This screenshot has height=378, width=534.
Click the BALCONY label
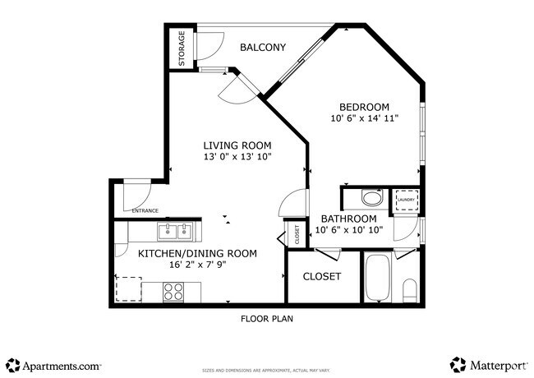pyautogui.click(x=263, y=48)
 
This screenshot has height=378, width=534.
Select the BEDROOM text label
pyautogui.click(x=365, y=107)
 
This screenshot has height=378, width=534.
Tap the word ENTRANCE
pyautogui.click(x=145, y=211)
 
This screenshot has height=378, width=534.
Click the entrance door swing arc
pyautogui.click(x=132, y=196)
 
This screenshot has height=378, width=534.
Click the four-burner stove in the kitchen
pyautogui.click(x=173, y=292)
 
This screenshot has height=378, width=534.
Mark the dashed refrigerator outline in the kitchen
pyautogui.click(x=128, y=289)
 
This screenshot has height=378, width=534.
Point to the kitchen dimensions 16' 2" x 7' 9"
pyautogui.click(x=197, y=265)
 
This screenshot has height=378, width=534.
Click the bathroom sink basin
pyautogui.click(x=372, y=198)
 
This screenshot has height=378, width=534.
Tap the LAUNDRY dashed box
pyautogui.click(x=405, y=200)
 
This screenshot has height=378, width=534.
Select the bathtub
pyautogui.click(x=379, y=278)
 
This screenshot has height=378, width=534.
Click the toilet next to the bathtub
pyautogui.click(x=410, y=288)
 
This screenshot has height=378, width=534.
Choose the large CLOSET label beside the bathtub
pyautogui.click(x=322, y=276)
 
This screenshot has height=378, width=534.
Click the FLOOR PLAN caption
pyautogui.click(x=267, y=319)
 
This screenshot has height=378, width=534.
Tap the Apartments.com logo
pyautogui.click(x=53, y=363)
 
